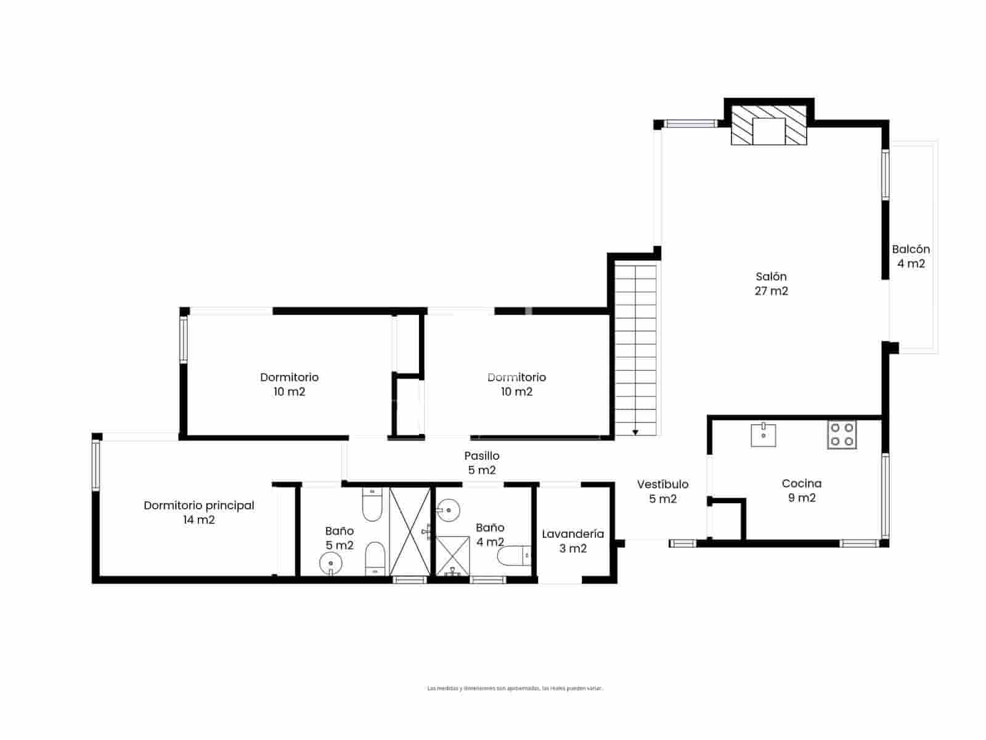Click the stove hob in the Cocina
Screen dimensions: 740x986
pos(842,434)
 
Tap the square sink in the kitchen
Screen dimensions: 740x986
pos(764,435)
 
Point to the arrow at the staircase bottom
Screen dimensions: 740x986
pos(635,432)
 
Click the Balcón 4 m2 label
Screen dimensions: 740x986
pos(911,257)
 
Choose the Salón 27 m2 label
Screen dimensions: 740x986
pos(771,284)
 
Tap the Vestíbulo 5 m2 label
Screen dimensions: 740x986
pos(662,491)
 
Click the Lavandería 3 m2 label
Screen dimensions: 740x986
pos(572,541)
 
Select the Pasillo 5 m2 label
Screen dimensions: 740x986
pos(482,463)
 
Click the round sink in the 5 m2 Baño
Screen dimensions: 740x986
pos(331,562)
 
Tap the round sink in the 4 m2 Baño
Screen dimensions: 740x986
pos(448,509)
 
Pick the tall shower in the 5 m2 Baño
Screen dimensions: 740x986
pos(410,532)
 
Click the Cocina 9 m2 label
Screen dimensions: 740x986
pos(801,491)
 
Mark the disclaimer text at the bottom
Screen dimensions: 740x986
pos(515,688)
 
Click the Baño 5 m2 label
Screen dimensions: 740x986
pos(340,538)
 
